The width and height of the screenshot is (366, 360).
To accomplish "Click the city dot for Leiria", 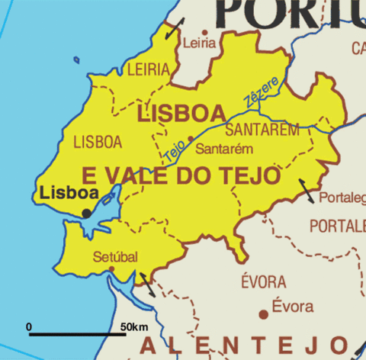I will pos(204,33).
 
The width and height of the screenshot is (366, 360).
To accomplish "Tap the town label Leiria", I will pos(200,43).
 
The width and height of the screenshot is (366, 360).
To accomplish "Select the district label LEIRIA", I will pos(148,70).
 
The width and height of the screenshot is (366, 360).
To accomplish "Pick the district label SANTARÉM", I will pos(262,130).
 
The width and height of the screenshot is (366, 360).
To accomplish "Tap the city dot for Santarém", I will pos(191,139).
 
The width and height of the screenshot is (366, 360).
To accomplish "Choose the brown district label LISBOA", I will pos(98,142).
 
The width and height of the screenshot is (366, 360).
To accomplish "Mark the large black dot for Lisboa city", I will pos(86,213).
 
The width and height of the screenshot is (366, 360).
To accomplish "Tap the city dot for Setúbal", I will pos(111,268).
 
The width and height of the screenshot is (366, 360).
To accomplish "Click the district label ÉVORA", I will pos(263,281).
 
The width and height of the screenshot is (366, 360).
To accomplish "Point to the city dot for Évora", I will pos(263,313).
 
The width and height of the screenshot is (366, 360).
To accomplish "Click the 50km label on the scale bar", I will pos(135,327).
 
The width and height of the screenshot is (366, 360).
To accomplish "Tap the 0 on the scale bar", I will pos(29,327).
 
